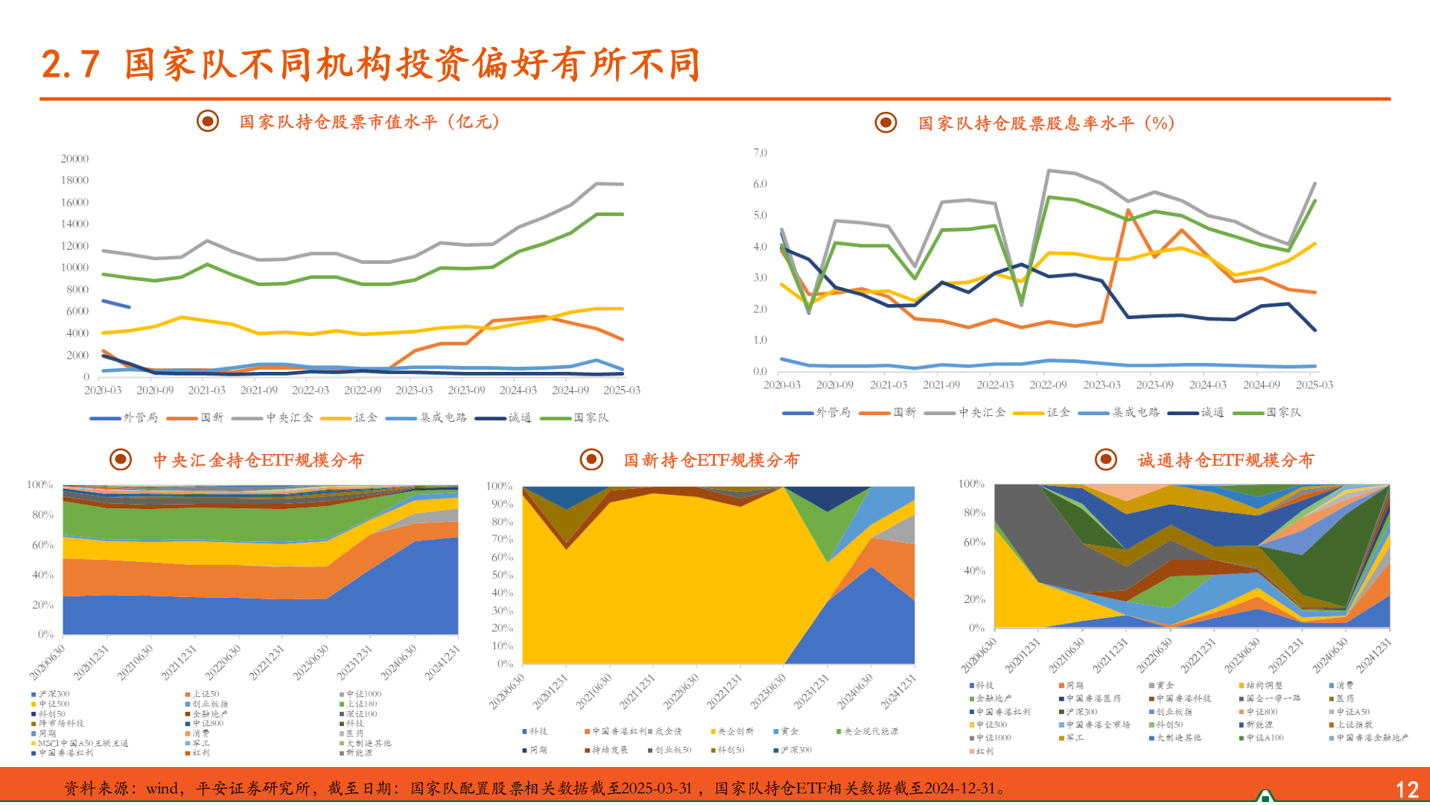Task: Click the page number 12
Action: point(1406,789)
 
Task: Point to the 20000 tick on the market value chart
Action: point(74,159)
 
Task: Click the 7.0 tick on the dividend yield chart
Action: point(760,153)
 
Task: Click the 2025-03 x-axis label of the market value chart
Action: point(622,390)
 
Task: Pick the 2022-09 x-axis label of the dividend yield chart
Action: point(1048,385)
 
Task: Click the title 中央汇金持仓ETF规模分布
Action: point(258,460)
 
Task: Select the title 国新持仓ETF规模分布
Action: point(711,460)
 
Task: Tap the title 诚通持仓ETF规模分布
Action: point(1225,460)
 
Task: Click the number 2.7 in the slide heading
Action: point(71,64)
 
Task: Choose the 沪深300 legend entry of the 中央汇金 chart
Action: point(54,694)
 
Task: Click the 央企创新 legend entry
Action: point(735,731)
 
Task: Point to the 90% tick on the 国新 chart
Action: point(501,504)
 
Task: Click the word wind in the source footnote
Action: point(162,789)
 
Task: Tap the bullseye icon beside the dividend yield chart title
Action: point(886,122)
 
